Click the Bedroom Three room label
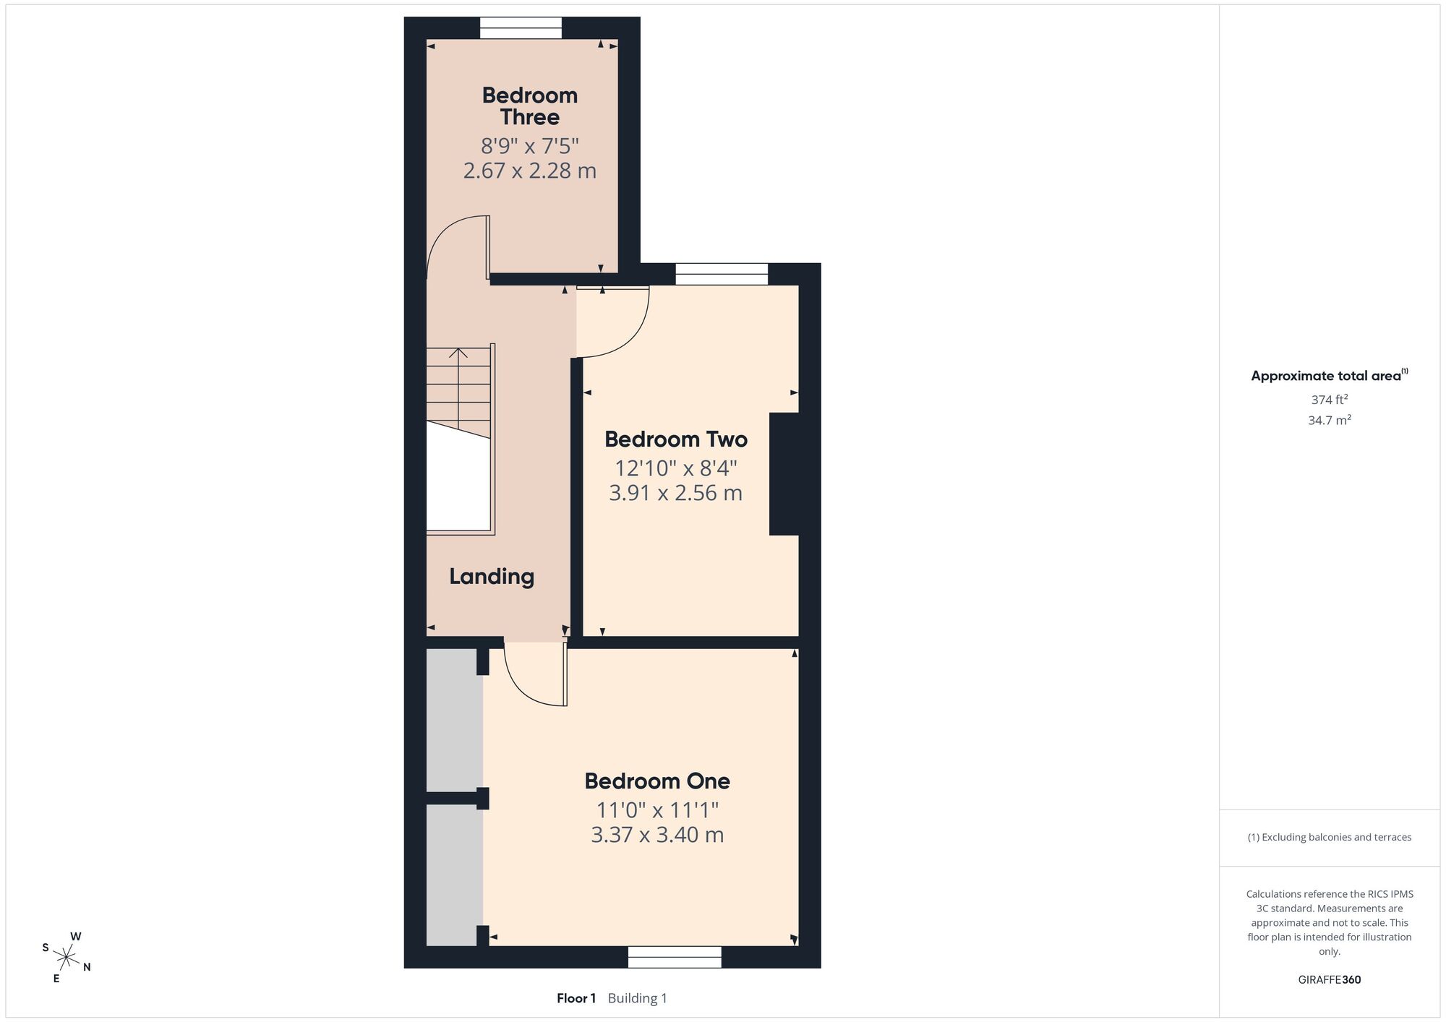(x=530, y=106)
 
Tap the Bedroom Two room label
(x=676, y=439)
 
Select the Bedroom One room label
(x=657, y=781)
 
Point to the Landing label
(x=492, y=577)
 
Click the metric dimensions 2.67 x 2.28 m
(x=530, y=171)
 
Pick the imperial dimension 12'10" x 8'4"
(x=676, y=468)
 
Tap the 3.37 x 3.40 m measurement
(x=657, y=835)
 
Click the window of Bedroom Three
(x=521, y=28)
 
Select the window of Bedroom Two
(x=722, y=275)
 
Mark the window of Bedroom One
(x=675, y=957)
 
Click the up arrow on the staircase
(x=458, y=353)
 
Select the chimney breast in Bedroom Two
(x=784, y=474)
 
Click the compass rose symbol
(x=66, y=958)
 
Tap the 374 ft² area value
(x=1330, y=399)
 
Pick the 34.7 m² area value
(x=1330, y=420)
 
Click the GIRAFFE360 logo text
(x=1330, y=980)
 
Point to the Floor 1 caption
(x=576, y=998)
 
